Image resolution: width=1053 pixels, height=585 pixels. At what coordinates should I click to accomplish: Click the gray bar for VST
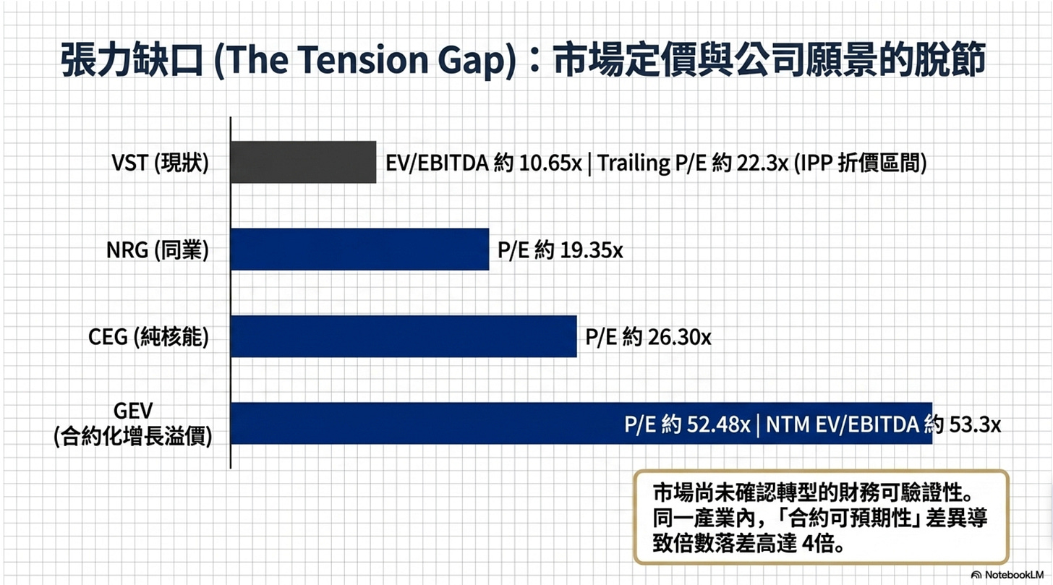coord(304,162)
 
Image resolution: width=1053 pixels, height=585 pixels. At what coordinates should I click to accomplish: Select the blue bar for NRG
coord(360,249)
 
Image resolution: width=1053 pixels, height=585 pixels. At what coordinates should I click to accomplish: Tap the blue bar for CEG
coord(404,336)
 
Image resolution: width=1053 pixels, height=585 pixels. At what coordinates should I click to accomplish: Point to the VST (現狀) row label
coord(160,163)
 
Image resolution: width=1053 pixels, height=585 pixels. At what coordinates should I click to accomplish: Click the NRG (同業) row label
coord(158,250)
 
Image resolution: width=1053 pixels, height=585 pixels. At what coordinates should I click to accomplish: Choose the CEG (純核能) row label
coord(148,337)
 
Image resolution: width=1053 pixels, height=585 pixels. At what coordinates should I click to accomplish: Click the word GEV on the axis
coord(133,411)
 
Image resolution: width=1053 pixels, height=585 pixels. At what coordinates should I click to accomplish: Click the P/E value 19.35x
coord(592,250)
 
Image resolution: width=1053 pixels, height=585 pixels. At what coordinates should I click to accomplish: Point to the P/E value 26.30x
coord(679,337)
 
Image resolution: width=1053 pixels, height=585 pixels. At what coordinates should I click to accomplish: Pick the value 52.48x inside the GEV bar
coord(718,424)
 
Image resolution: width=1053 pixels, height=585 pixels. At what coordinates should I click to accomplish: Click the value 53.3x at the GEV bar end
coord(975,424)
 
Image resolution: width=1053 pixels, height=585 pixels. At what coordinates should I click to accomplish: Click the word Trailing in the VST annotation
coord(634,163)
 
